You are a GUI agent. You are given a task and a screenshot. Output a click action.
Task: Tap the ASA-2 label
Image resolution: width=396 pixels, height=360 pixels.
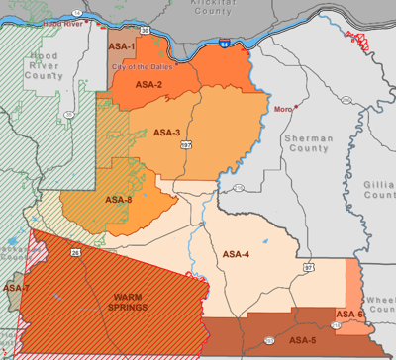[x=148, y=85]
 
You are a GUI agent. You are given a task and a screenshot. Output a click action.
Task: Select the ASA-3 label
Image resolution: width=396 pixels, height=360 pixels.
[x=166, y=132]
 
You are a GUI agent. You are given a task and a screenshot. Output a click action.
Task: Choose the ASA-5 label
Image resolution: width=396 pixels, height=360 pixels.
[x=302, y=339]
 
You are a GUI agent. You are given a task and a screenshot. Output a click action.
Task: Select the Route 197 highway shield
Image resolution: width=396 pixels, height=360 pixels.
[x=184, y=146]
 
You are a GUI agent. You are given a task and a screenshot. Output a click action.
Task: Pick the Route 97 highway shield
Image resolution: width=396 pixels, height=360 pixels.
[x=308, y=267]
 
